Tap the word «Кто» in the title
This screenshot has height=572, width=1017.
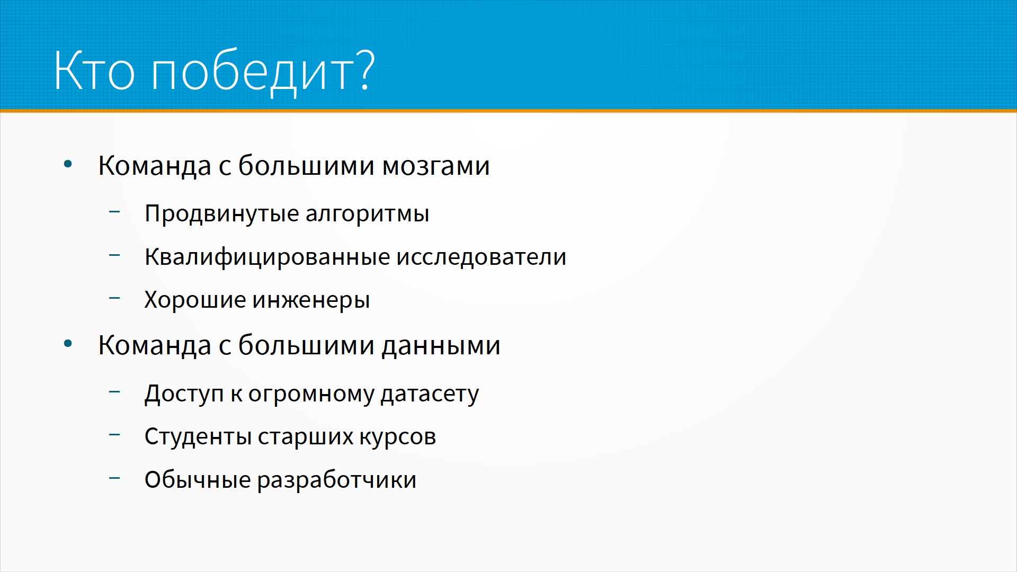pyautogui.click(x=95, y=71)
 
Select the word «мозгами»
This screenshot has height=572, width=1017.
pyautogui.click(x=436, y=166)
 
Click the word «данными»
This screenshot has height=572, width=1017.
pyautogui.click(x=441, y=346)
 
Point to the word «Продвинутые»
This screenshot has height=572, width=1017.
pyautogui.click(x=222, y=214)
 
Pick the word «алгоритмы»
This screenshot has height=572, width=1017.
pyautogui.click(x=367, y=214)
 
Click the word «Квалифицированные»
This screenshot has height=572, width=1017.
pyautogui.click(x=267, y=257)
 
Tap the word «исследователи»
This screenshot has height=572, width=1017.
pyautogui.click(x=481, y=257)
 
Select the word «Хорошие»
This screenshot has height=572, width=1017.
pyautogui.click(x=195, y=300)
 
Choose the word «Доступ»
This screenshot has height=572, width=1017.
pyautogui.click(x=184, y=394)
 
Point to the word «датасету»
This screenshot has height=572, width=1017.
pyautogui.click(x=430, y=395)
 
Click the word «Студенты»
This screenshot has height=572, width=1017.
pyautogui.click(x=198, y=437)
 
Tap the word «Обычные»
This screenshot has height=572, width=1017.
pyautogui.click(x=198, y=480)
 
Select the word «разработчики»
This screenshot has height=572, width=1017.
pyautogui.click(x=337, y=480)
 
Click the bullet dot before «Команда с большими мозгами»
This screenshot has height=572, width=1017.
pyautogui.click(x=68, y=164)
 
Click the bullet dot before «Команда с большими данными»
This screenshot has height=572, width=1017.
pyautogui.click(x=68, y=344)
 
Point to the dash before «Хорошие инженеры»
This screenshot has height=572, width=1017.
pyautogui.click(x=114, y=298)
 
